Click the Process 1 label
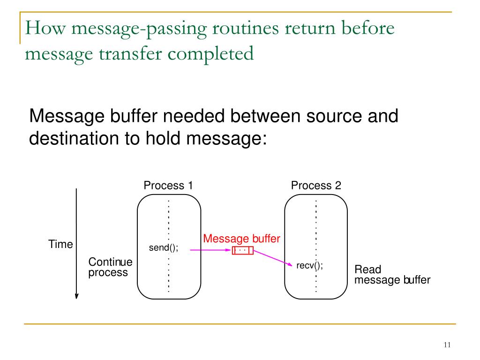click(168, 186)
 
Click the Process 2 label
click(316, 186)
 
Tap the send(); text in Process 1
click(164, 248)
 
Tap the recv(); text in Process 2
click(310, 266)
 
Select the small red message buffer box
click(242, 251)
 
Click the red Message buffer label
click(241, 239)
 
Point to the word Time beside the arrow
click(60, 244)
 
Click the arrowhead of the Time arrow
click(76, 295)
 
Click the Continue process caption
click(110, 267)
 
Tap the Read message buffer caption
click(391, 275)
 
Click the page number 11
click(446, 345)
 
